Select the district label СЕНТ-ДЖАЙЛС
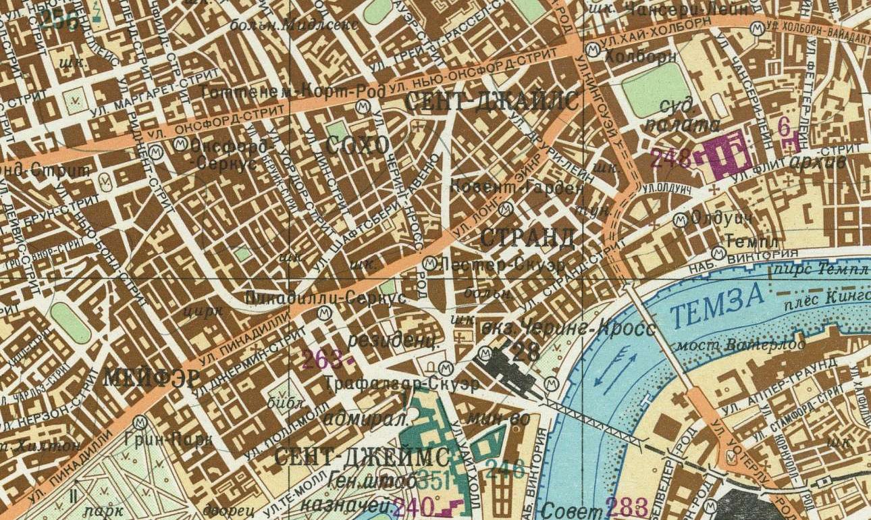click(x=492, y=101)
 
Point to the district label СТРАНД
click(x=528, y=238)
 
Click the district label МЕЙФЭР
click(x=152, y=378)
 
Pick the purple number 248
click(x=671, y=159)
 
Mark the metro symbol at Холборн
click(x=593, y=48)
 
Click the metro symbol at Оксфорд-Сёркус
click(x=180, y=145)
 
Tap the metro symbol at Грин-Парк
click(x=140, y=421)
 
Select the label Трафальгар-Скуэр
click(x=401, y=384)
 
